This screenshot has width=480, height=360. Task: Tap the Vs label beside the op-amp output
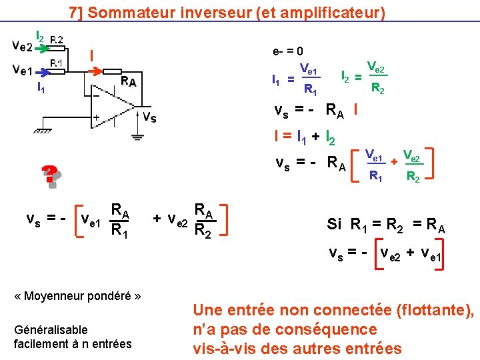tap(150, 117)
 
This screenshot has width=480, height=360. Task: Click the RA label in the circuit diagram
tap(129, 81)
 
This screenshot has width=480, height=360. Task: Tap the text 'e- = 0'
tap(288, 51)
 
